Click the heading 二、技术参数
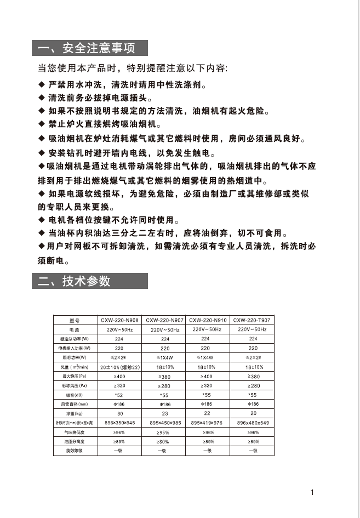75,281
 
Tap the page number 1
312,492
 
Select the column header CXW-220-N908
119,320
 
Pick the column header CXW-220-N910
208,320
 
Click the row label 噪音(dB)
75,394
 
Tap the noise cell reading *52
119,394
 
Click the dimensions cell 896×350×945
119,423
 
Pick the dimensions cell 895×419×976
208,423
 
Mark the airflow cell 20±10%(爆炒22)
119,367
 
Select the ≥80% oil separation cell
165,441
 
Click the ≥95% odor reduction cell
165,432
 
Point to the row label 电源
75,329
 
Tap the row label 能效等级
75,450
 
